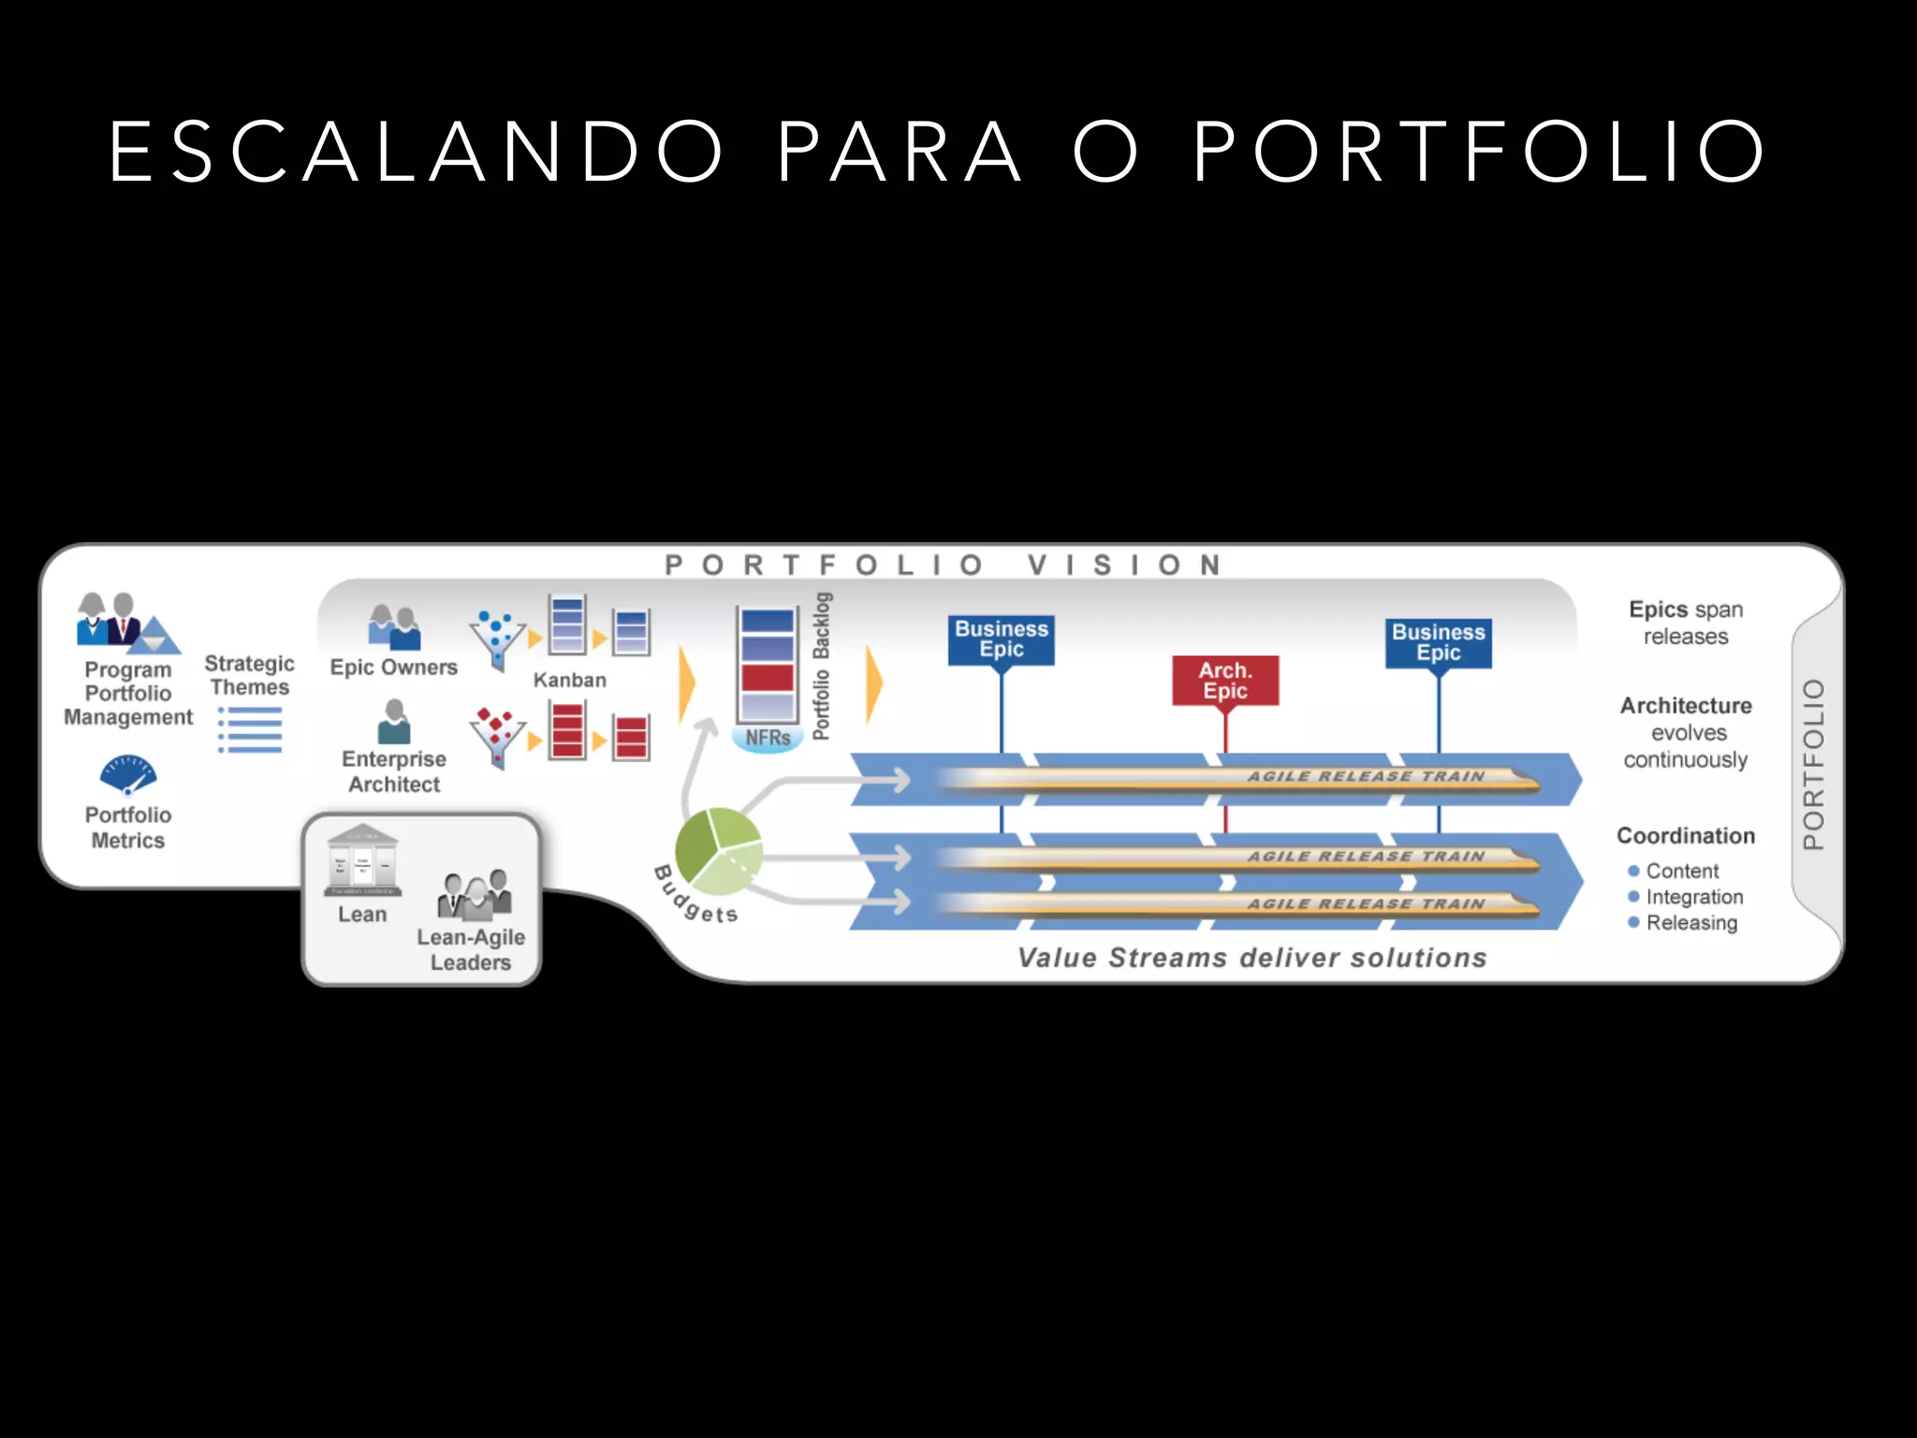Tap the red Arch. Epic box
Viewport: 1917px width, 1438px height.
tap(1225, 681)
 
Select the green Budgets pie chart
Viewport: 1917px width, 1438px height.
tap(718, 851)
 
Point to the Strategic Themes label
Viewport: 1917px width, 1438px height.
tap(249, 675)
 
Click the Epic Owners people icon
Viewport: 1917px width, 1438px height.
tap(394, 626)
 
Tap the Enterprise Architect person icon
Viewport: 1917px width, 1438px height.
tap(394, 722)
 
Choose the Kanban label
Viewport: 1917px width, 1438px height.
tap(569, 681)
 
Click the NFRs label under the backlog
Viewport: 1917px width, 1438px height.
tap(768, 738)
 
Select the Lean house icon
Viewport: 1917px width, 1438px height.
tap(362, 860)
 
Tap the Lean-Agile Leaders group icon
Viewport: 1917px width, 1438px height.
tap(475, 893)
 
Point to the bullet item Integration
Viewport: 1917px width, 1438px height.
tap(1694, 897)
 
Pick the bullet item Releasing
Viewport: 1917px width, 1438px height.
tap(1691, 923)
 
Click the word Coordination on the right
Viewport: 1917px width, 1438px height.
tap(1686, 836)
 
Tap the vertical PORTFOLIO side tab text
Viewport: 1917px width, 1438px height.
tap(1814, 764)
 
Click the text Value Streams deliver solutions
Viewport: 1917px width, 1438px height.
tap(1251, 958)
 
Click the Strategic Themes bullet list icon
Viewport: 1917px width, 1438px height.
tap(250, 730)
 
